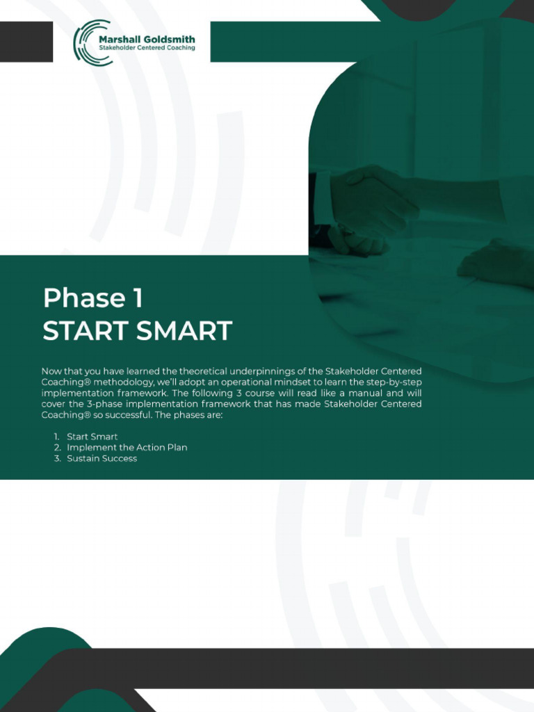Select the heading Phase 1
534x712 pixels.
[x=92, y=298]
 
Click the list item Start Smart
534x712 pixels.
[x=92, y=437]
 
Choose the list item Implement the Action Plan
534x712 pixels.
[x=127, y=447]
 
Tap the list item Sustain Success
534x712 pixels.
[x=102, y=458]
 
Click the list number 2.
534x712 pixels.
[x=58, y=447]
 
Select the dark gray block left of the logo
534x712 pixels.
[x=26, y=42]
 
